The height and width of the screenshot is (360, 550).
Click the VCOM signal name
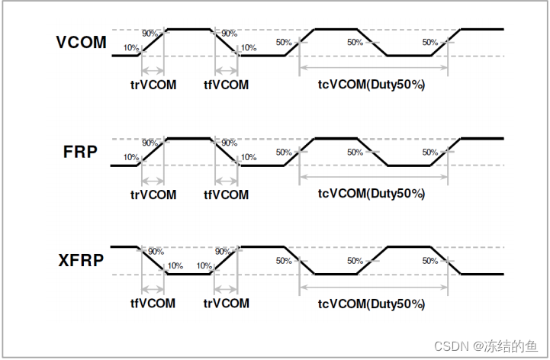(x=82, y=42)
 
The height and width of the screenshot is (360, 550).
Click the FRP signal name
(x=80, y=152)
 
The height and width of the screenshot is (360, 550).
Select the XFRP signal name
(x=81, y=262)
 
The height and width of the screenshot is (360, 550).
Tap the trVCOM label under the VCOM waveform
(x=153, y=85)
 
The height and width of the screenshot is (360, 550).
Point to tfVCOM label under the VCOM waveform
(x=227, y=85)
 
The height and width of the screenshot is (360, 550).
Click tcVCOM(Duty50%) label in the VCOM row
(x=371, y=85)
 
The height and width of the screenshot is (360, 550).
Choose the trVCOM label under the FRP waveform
(x=153, y=194)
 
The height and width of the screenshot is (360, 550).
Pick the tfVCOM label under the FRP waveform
(x=227, y=194)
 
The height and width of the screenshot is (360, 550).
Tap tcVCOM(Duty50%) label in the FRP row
(x=371, y=194)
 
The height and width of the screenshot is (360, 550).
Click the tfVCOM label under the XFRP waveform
(x=153, y=304)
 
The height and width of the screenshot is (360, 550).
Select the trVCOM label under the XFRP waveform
(x=227, y=304)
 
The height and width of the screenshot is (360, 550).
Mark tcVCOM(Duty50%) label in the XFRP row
(x=371, y=304)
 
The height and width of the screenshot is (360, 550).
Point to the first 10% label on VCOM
(x=130, y=48)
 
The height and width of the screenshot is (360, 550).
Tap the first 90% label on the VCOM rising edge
(x=150, y=34)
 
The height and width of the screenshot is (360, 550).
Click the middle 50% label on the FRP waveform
(x=355, y=153)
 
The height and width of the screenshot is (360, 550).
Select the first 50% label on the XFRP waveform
(x=284, y=261)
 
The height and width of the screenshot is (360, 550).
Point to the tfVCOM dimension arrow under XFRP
(x=153, y=290)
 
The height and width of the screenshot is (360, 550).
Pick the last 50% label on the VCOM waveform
(x=429, y=43)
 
